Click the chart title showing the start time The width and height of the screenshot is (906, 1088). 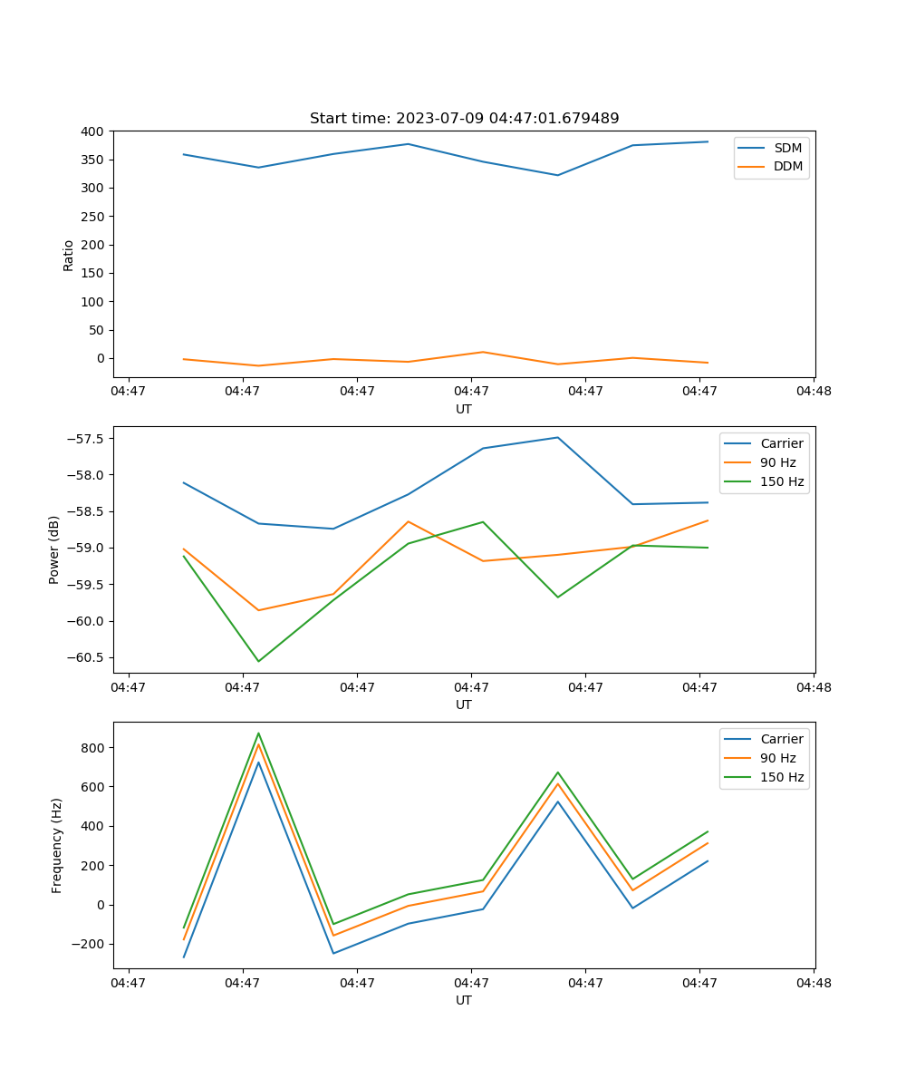click(x=464, y=119)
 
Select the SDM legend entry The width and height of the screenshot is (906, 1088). click(x=787, y=148)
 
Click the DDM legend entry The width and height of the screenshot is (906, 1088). click(x=787, y=166)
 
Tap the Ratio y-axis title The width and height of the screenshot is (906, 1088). click(x=69, y=255)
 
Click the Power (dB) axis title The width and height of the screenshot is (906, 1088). click(x=54, y=549)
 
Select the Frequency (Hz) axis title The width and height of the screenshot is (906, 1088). click(x=56, y=845)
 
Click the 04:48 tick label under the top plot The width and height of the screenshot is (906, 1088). click(x=814, y=392)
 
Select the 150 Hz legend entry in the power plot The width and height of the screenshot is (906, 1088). click(x=782, y=481)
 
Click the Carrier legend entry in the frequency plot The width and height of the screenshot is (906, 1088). click(x=781, y=739)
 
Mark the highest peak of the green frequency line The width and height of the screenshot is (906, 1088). click(x=258, y=733)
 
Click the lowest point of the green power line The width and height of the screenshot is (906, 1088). click(x=258, y=661)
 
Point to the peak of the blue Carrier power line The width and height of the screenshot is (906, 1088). click(x=558, y=437)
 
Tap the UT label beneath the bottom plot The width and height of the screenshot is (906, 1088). click(x=464, y=1000)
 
